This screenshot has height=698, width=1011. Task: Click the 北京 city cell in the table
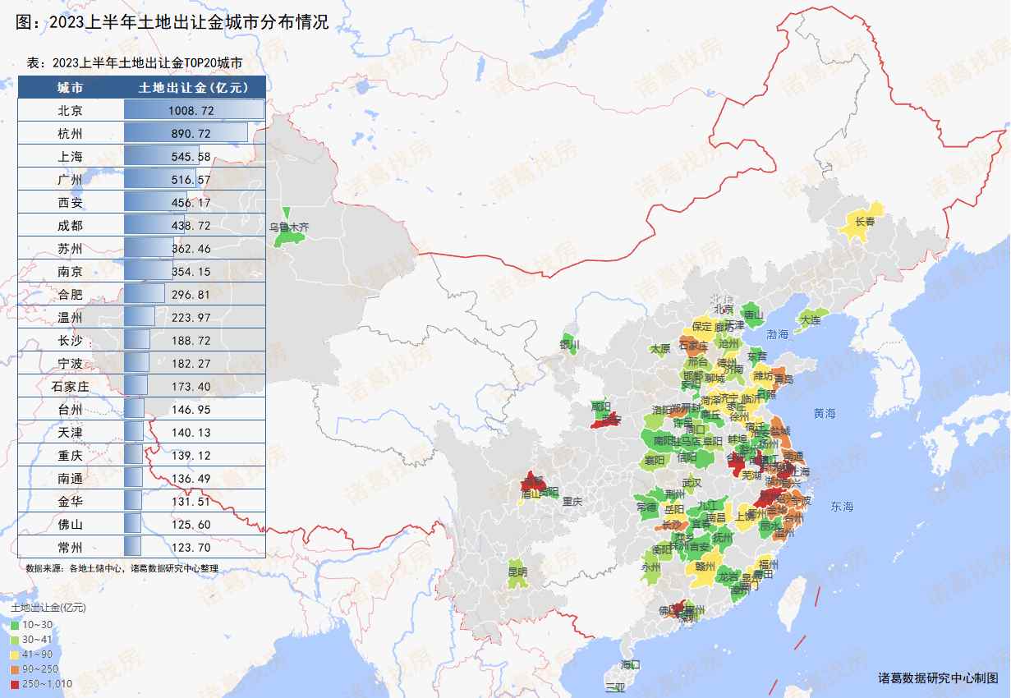[x=70, y=110]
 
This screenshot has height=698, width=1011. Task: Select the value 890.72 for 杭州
[x=193, y=133]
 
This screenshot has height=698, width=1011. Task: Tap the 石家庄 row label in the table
[x=70, y=386]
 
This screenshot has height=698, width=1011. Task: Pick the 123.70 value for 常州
[x=193, y=547]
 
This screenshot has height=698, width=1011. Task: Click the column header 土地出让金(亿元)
[x=193, y=87]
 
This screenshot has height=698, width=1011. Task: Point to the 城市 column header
[x=70, y=87]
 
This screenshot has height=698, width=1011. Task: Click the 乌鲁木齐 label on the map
[x=289, y=227]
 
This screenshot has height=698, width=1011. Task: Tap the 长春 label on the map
[x=865, y=222]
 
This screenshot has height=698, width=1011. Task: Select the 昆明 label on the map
[x=517, y=572]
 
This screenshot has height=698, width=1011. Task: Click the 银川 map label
[x=569, y=345]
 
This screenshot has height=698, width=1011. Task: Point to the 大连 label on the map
[x=810, y=319]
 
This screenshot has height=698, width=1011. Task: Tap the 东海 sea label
[x=842, y=507]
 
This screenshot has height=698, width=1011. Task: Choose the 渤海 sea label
[x=777, y=334]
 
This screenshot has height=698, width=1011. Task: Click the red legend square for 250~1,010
[x=15, y=684]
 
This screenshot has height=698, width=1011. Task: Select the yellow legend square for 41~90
[x=15, y=654]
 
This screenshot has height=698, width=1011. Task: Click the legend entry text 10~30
[x=37, y=626]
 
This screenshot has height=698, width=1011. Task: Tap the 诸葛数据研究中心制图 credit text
[x=938, y=678]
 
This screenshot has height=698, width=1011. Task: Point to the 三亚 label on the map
[x=614, y=687]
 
